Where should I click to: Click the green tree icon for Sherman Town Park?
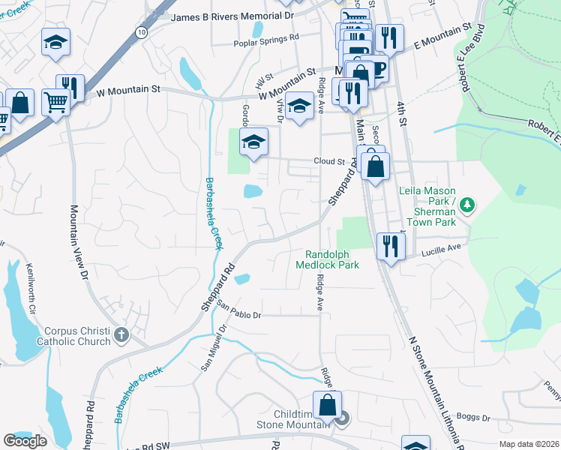tap(467, 204)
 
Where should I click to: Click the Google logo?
tap(25, 441)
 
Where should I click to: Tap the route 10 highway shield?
tap(142, 32)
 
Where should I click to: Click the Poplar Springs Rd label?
tap(265, 37)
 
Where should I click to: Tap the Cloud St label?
tap(328, 161)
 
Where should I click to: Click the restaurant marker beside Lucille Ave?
tap(389, 247)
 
